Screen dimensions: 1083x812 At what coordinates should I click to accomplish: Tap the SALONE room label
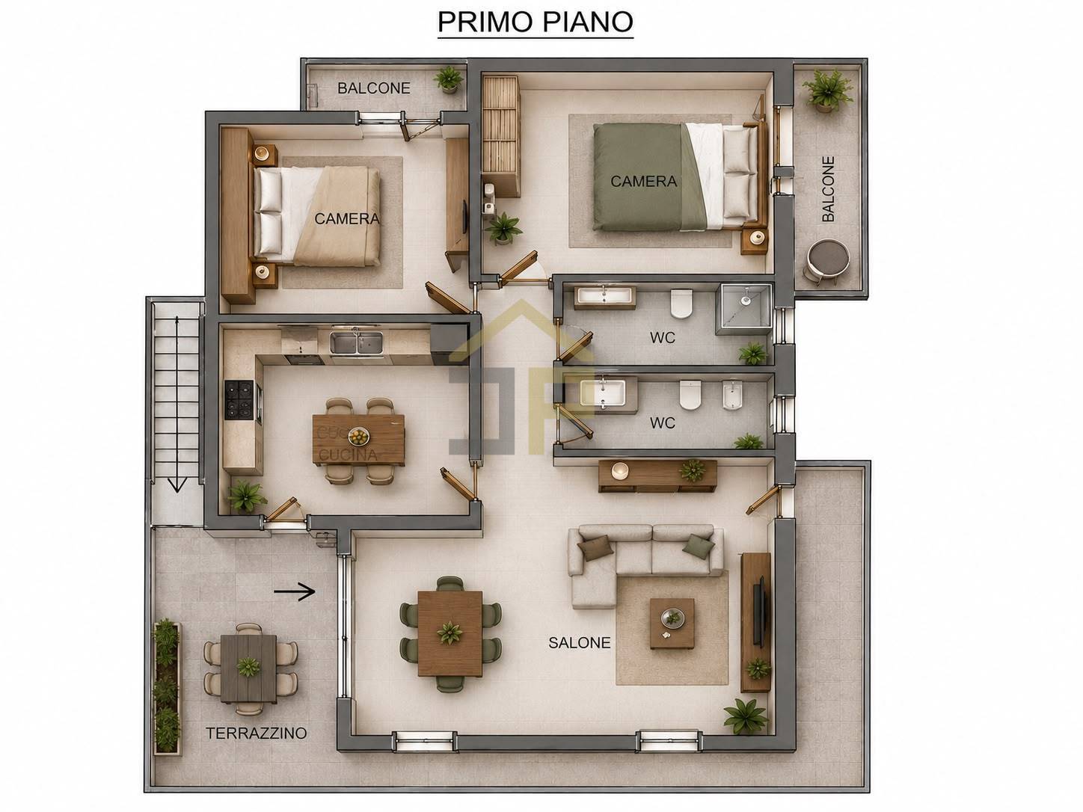579,642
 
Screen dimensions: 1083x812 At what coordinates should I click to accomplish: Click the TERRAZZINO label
256,733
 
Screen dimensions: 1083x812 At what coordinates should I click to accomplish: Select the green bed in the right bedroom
675,177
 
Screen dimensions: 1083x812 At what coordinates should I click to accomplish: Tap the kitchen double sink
356,343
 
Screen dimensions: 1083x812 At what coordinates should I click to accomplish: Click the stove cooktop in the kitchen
240,399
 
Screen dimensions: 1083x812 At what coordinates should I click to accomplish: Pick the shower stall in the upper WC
746,307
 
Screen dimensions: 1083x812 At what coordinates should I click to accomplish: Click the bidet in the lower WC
732,395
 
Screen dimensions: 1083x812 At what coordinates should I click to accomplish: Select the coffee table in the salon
672,624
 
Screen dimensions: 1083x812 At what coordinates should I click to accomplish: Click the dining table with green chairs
450,633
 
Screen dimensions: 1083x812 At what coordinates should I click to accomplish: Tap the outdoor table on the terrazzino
248,668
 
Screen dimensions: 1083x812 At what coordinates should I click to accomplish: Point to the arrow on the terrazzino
294,591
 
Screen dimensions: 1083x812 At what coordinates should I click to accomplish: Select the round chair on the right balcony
828,260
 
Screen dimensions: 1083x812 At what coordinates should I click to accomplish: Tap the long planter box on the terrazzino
167,695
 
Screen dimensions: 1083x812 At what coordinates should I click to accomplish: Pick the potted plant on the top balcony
448,79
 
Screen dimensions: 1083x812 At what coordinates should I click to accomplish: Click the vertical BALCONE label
829,189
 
